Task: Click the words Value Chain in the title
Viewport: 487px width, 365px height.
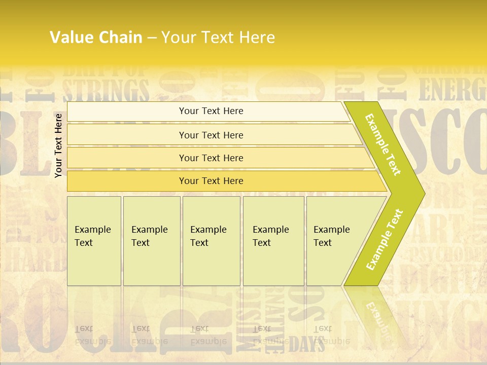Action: pyautogui.click(x=96, y=37)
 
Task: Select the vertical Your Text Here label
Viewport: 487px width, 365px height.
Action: pyautogui.click(x=58, y=145)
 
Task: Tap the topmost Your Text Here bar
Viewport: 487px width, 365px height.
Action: pyautogui.click(x=211, y=111)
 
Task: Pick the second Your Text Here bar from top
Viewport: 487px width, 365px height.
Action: pyautogui.click(x=211, y=135)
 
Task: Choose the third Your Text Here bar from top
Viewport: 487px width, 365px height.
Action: pyautogui.click(x=211, y=158)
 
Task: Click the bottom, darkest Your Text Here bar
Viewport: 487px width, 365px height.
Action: pyautogui.click(x=211, y=181)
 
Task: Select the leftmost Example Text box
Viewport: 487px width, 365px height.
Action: pyautogui.click(x=94, y=241)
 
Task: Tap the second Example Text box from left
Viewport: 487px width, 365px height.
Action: pyautogui.click(x=152, y=241)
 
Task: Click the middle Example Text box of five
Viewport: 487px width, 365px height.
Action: pyautogui.click(x=211, y=241)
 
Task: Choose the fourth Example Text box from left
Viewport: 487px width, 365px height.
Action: pyautogui.click(x=273, y=241)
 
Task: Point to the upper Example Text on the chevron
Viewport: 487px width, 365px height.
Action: pyautogui.click(x=384, y=144)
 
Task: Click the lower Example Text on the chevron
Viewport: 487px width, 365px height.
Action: pyautogui.click(x=385, y=239)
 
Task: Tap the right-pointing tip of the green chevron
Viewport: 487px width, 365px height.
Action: pyautogui.click(x=422, y=194)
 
